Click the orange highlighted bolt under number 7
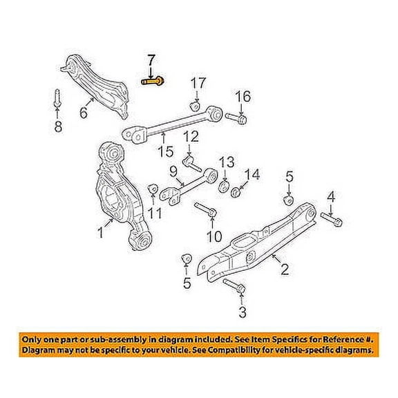(x=153, y=81)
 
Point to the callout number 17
(x=198, y=84)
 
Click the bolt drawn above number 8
(x=55, y=97)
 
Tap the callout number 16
(x=242, y=95)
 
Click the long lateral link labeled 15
(x=173, y=124)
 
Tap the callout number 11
(x=155, y=214)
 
